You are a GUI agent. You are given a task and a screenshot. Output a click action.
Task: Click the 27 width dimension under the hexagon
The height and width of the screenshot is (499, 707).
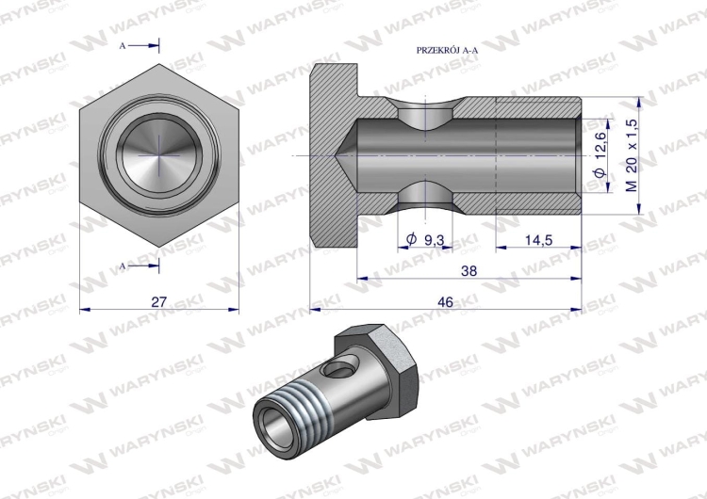pyautogui.click(x=158, y=301)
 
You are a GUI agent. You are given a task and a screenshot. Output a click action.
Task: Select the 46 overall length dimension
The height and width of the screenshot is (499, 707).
pyautogui.click(x=446, y=302)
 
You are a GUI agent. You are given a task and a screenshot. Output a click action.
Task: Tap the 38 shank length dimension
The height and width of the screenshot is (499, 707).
pyautogui.click(x=469, y=271)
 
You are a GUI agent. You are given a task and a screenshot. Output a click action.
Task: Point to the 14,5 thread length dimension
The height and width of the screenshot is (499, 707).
pyautogui.click(x=538, y=240)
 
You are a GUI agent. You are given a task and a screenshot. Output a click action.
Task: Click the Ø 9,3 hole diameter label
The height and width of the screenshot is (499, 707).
pyautogui.click(x=425, y=240)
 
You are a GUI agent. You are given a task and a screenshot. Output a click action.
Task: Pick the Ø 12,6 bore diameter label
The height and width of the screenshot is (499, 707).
pyautogui.click(x=600, y=154)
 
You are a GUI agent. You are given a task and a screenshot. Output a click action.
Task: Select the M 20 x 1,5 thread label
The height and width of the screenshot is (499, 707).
pyautogui.click(x=633, y=155)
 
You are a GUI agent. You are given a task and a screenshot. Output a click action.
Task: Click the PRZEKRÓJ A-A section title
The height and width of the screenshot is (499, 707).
pyautogui.click(x=447, y=51)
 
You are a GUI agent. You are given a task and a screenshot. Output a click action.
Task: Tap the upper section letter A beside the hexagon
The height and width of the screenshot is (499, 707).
pyautogui.click(x=123, y=46)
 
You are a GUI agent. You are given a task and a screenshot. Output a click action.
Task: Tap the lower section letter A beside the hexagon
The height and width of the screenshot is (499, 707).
pyautogui.click(x=123, y=266)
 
